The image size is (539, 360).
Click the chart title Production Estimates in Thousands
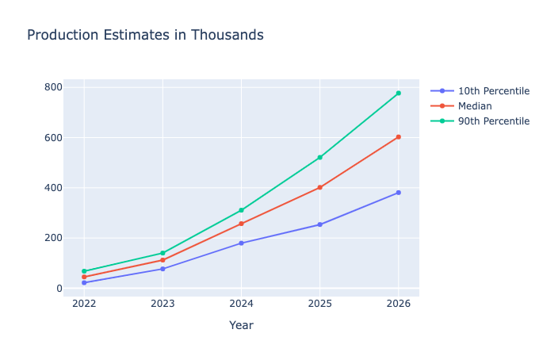[x=145, y=36]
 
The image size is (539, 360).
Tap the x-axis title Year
[x=241, y=325]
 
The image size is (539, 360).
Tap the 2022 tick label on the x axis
[x=84, y=304]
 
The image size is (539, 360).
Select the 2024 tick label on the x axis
[x=241, y=304]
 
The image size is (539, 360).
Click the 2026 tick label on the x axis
[x=398, y=304]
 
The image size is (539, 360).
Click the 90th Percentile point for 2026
[x=398, y=93]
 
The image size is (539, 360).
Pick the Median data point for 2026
[x=398, y=137]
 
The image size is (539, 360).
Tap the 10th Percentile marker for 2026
[x=398, y=193]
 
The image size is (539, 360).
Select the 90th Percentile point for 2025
[x=319, y=157]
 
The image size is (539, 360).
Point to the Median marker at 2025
[x=319, y=187]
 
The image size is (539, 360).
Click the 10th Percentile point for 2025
[x=319, y=224]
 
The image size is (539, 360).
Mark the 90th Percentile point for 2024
[x=241, y=210]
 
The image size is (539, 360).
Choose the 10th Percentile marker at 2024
[x=241, y=243]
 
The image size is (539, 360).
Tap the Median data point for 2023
[x=162, y=260]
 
